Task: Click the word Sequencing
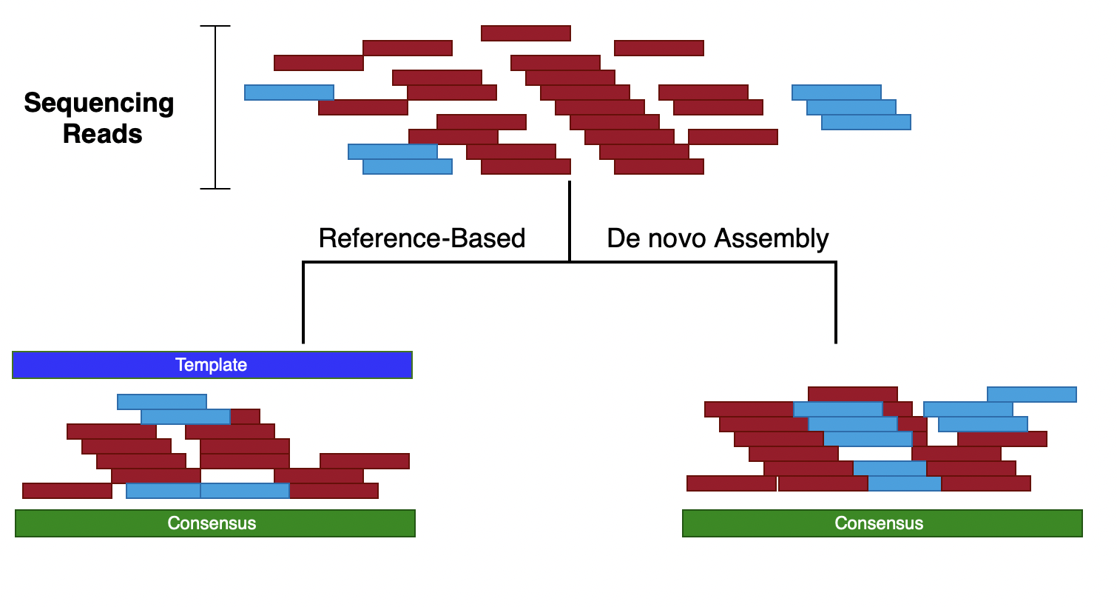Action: pos(98,103)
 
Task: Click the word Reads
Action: pos(102,134)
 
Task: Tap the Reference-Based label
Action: pos(422,238)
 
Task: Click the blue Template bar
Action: pos(212,365)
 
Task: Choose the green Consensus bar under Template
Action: pos(215,523)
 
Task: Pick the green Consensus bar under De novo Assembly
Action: pos(882,523)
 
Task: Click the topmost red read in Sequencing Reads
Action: pos(525,33)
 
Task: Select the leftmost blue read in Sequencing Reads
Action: pos(288,93)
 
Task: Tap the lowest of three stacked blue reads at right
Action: pos(865,122)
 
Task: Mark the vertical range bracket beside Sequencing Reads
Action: pos(215,107)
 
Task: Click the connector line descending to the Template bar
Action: pos(303,303)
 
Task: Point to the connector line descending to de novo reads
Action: pos(836,303)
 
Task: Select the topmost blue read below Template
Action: pos(161,402)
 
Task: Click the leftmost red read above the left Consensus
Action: pos(67,491)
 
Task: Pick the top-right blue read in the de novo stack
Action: pos(1031,395)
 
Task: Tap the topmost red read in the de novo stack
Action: pos(852,395)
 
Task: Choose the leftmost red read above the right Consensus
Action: pos(731,483)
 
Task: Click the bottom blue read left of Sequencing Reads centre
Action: pos(407,167)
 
